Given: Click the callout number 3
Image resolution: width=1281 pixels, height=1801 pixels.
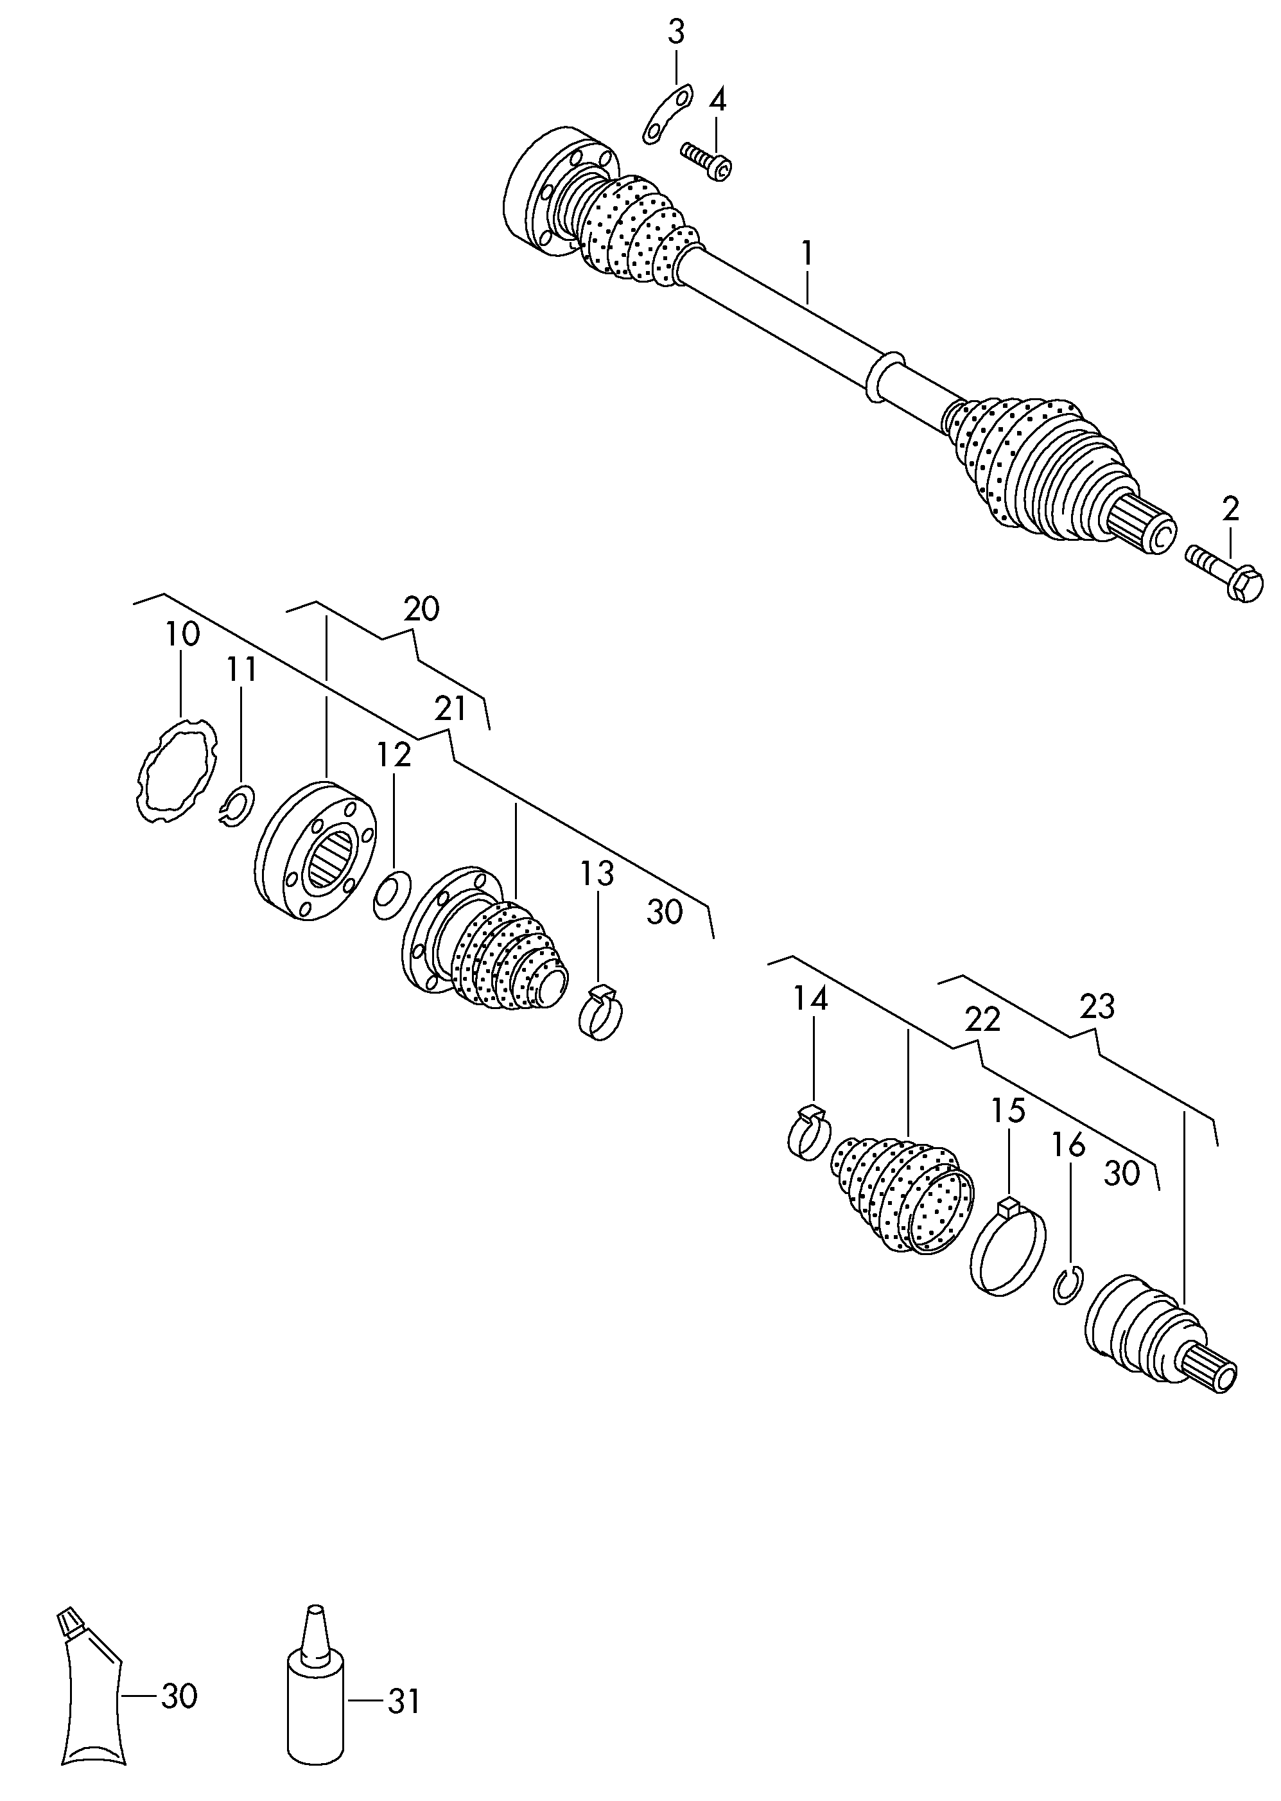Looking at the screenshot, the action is click(x=676, y=33).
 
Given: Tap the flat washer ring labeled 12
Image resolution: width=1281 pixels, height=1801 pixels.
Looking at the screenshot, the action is click(x=391, y=895).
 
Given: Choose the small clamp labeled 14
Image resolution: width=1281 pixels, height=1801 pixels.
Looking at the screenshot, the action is click(x=809, y=1136).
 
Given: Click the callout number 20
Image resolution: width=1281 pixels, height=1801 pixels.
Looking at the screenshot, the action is click(x=421, y=609).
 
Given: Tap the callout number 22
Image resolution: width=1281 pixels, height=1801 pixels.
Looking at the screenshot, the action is click(x=983, y=1019).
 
